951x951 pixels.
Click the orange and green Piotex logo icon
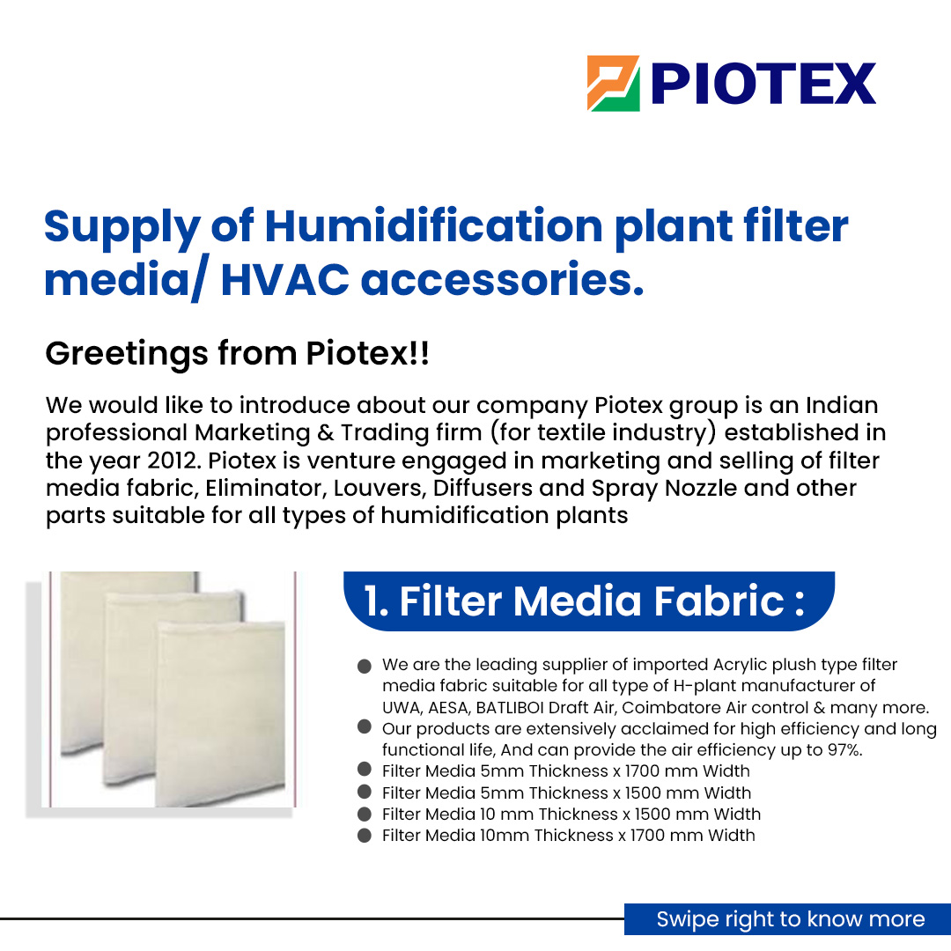click(613, 84)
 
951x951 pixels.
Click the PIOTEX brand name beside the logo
click(763, 85)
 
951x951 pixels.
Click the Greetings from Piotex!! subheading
click(238, 353)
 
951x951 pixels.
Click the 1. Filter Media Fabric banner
click(585, 601)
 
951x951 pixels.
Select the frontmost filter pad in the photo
click(220, 713)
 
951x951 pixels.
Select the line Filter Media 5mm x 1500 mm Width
click(566, 792)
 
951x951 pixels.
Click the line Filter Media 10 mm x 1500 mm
click(571, 814)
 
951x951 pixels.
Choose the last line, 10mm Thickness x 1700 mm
click(568, 835)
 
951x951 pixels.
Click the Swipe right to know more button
click(790, 919)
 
